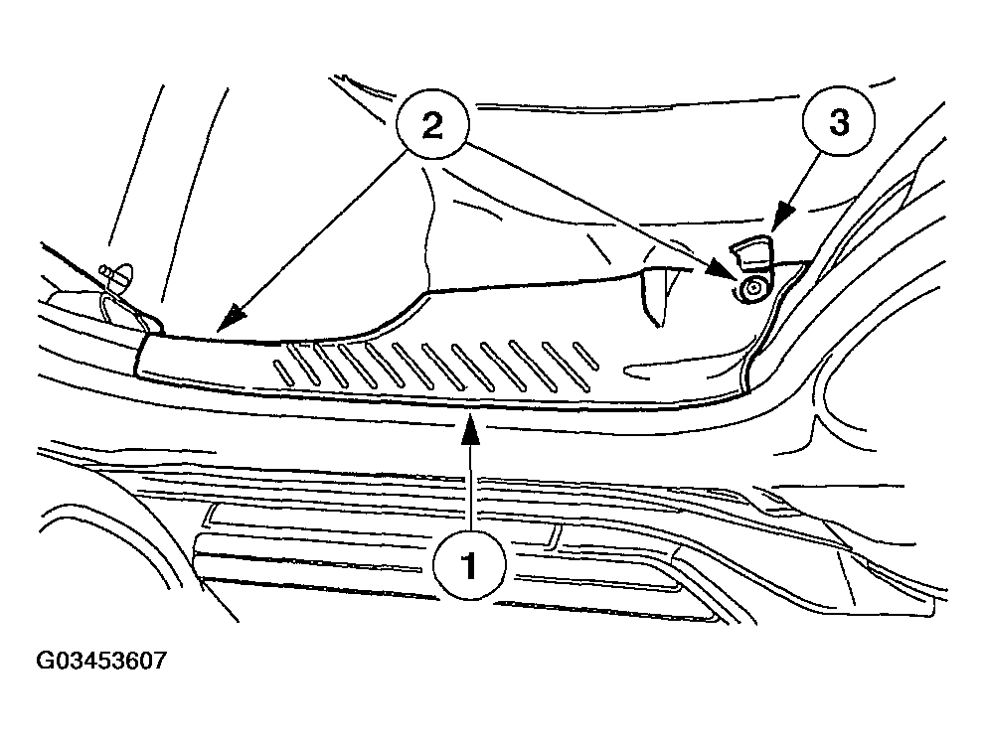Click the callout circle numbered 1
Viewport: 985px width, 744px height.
(469, 564)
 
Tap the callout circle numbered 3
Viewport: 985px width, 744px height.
(839, 122)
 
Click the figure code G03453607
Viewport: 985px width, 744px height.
(101, 661)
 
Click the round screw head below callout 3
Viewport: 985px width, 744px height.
(752, 289)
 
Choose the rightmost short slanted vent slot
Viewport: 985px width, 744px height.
(585, 356)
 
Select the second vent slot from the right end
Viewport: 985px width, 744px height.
(566, 366)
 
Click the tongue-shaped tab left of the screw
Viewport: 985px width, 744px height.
(654, 295)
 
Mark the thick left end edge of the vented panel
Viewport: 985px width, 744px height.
(141, 356)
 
